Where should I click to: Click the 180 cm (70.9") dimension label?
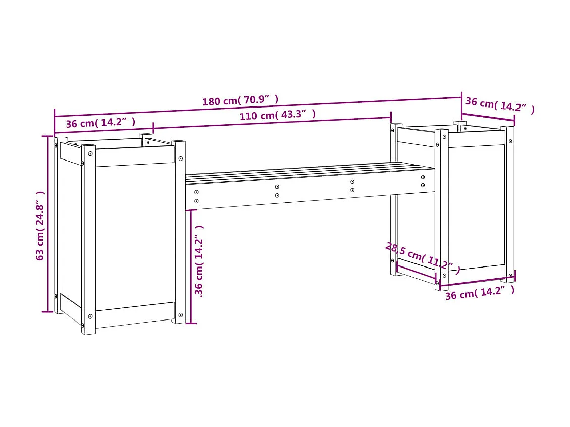pyautogui.click(x=240, y=100)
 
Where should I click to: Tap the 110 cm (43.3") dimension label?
pyautogui.click(x=277, y=115)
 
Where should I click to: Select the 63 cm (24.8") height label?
pyautogui.click(x=41, y=225)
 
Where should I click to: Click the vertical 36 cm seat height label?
pyautogui.click(x=199, y=261)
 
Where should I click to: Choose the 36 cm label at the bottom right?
pyautogui.click(x=479, y=292)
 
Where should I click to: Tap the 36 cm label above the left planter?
pyautogui.click(x=100, y=123)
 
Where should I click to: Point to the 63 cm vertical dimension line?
pyautogui.click(x=49, y=224)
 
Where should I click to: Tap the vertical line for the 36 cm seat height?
pyautogui.click(x=191, y=266)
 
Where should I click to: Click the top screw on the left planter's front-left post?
pyautogui.click(x=90, y=152)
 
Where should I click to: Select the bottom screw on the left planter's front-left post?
pyautogui.click(x=90, y=316)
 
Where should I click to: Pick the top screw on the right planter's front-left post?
pyautogui.click(x=444, y=136)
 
